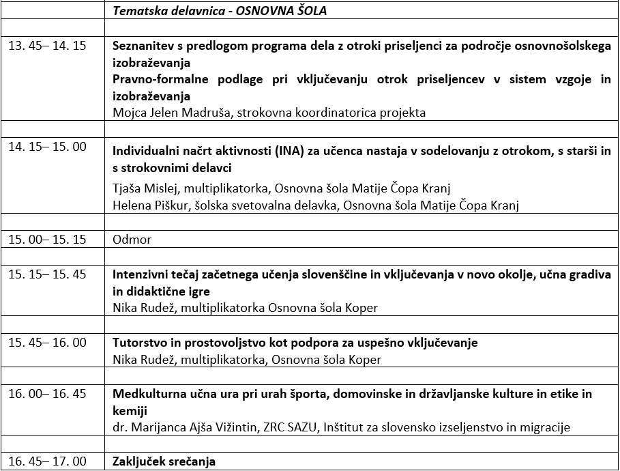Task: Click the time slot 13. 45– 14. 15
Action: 47,46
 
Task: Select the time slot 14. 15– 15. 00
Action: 47,147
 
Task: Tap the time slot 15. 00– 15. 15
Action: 47,240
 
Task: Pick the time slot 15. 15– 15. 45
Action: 47,274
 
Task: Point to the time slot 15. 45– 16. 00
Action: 47,342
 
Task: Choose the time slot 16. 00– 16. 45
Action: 47,393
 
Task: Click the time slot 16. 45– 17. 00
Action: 47,461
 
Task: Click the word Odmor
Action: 132,240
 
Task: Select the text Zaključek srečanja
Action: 164,461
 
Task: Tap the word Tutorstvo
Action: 138,342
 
